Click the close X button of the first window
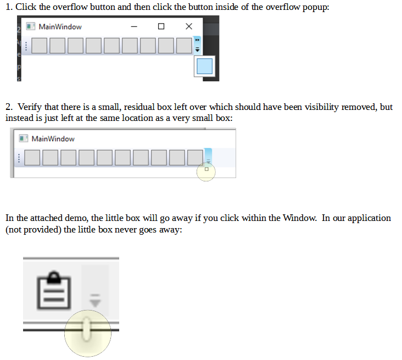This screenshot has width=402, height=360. [189, 26]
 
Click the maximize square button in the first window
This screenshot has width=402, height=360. [161, 26]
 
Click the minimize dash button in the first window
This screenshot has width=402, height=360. [134, 26]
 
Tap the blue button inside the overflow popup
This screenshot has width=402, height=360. [204, 66]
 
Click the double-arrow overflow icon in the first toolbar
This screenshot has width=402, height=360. [197, 40]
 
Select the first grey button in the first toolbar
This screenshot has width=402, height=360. [39, 46]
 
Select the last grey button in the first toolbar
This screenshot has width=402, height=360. [184, 46]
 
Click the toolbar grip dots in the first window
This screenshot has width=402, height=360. [26, 46]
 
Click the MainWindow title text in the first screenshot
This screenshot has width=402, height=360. [60, 27]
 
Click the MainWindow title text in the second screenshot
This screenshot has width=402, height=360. [53, 139]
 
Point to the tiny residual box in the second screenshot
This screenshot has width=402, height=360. [206, 169]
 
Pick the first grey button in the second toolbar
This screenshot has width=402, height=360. [32, 158]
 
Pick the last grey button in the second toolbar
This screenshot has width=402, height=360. [195, 158]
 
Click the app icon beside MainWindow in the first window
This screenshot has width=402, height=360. [31, 26]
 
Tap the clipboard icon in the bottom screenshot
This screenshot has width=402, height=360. [54, 290]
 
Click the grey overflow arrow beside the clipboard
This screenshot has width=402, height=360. [95, 301]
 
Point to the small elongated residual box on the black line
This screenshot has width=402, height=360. [87, 329]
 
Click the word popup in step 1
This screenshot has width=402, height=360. [316, 8]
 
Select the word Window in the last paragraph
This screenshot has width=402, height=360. [299, 218]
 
